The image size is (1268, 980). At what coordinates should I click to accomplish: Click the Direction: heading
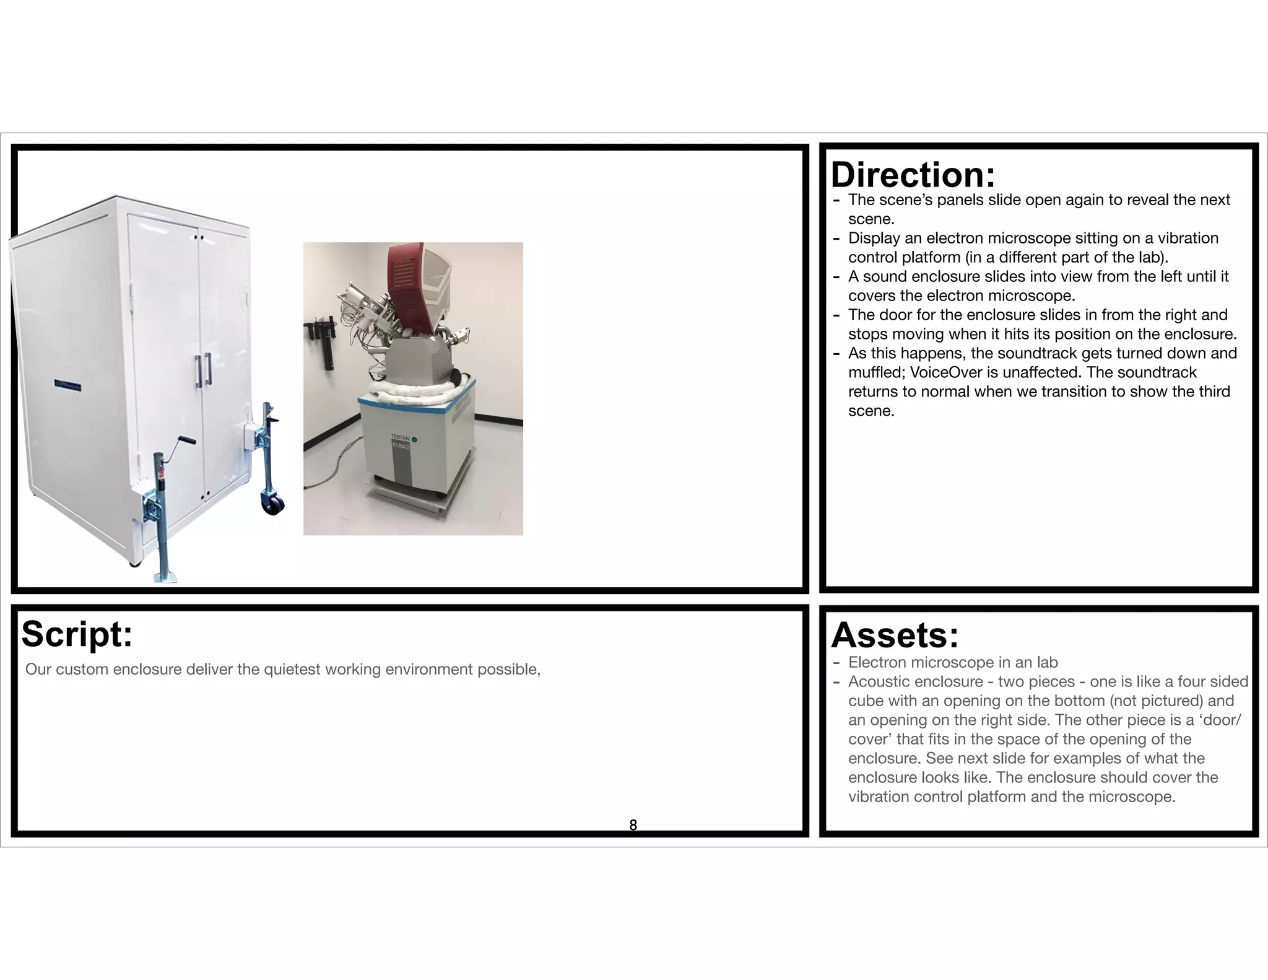(x=913, y=175)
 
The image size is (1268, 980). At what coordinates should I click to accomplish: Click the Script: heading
(x=77, y=634)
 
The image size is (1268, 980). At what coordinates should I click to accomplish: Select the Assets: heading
(x=895, y=636)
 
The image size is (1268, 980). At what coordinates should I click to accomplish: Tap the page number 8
(x=633, y=825)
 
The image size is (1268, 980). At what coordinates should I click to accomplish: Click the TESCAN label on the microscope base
(x=400, y=437)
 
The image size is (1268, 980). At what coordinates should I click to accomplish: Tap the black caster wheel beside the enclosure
(x=272, y=504)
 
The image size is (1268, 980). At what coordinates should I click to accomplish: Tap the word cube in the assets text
(x=866, y=701)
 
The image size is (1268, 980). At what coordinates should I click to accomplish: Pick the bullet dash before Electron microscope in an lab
(x=836, y=663)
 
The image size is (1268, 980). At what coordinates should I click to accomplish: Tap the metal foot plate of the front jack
(x=165, y=577)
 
